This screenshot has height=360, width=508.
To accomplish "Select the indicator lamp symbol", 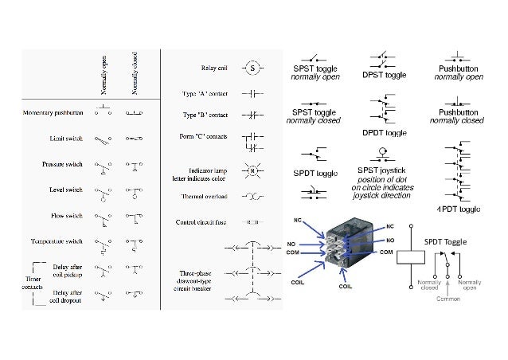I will point(252,170).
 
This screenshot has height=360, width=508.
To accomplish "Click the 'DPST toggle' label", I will point(385,76).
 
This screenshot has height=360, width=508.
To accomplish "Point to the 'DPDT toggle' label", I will point(385,131).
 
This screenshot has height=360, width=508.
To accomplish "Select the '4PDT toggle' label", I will point(459,209).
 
